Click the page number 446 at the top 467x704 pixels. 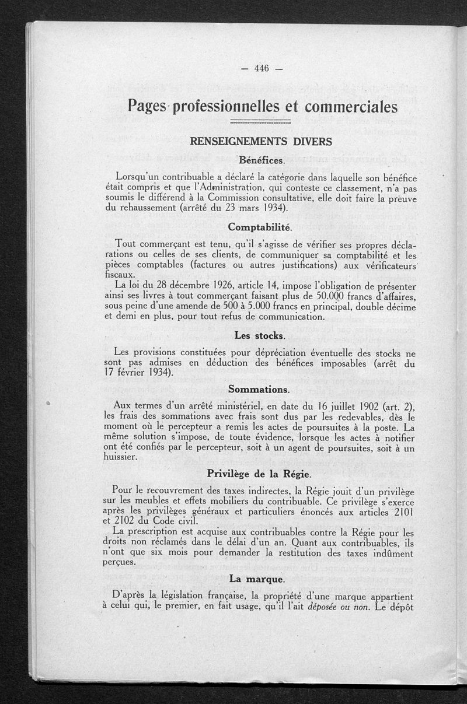[x=262, y=69]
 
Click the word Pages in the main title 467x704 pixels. [x=147, y=107]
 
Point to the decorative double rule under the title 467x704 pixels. [x=261, y=122]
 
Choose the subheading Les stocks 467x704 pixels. [x=260, y=336]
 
